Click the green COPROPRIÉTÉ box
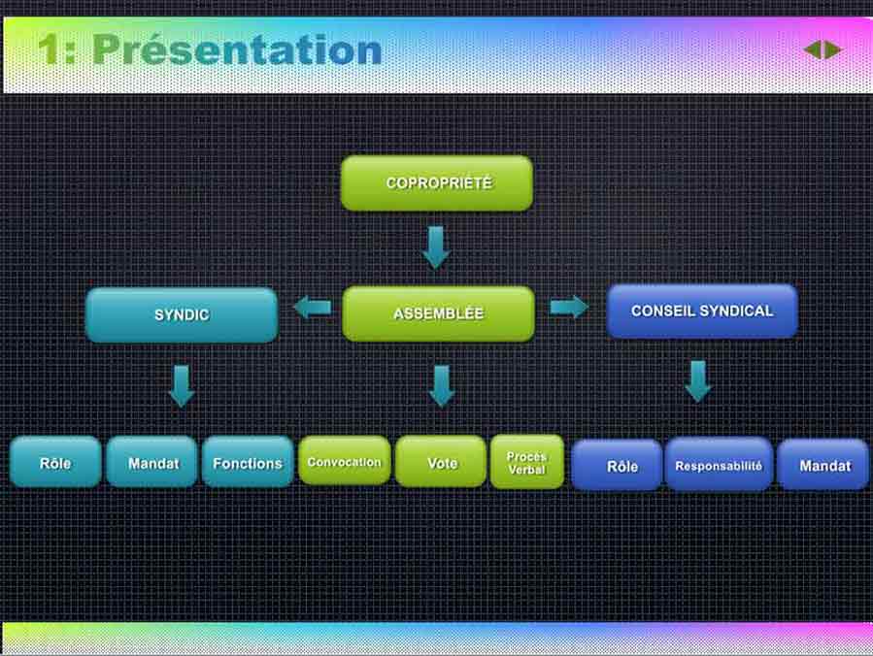(437, 183)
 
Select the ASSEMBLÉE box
(438, 313)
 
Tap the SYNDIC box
(182, 314)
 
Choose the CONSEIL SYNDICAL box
(702, 311)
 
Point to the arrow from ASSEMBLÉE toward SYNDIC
(312, 308)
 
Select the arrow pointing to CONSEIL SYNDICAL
(569, 307)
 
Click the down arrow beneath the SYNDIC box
(182, 385)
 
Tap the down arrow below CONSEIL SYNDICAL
(697, 380)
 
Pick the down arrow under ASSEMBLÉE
(441, 385)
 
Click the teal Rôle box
(55, 462)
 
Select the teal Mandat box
(152, 462)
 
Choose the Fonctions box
(247, 462)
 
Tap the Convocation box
(344, 461)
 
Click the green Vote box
(441, 462)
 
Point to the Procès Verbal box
(526, 462)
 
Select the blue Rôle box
(621, 466)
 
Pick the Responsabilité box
(719, 466)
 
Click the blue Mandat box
(823, 466)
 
